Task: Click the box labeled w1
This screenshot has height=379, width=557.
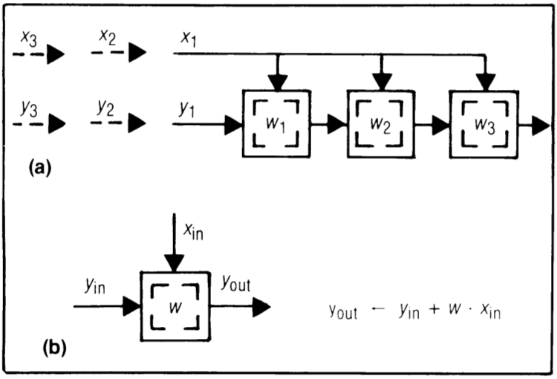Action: pyautogui.click(x=276, y=123)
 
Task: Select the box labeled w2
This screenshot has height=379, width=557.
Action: pyautogui.click(x=380, y=123)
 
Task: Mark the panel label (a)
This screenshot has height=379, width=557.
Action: pyautogui.click(x=39, y=169)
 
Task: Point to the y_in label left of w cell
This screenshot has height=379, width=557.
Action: pyautogui.click(x=94, y=285)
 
